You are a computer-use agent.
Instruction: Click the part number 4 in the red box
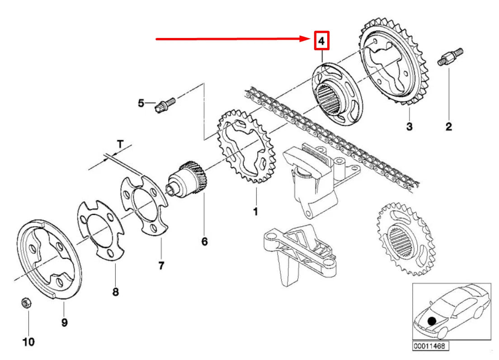321,42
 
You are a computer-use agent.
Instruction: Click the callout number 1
255,211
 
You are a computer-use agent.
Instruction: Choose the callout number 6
204,242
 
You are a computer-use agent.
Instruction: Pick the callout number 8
115,292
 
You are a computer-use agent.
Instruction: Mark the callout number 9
64,322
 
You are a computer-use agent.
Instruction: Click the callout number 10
28,342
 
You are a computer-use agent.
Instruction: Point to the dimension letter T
120,144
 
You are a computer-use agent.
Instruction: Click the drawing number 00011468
427,346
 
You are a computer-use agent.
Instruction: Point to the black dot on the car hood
433,321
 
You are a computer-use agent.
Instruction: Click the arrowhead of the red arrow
307,39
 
